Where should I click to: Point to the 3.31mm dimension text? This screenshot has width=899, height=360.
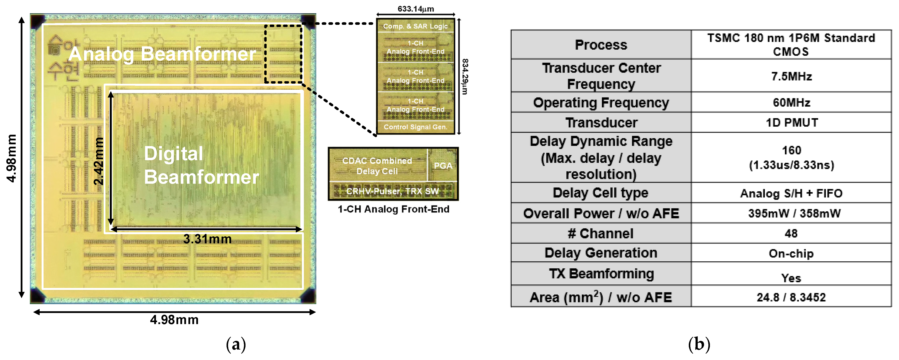click(207, 239)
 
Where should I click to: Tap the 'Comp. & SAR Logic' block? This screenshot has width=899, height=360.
click(415, 26)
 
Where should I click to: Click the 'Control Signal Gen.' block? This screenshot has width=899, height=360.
click(415, 127)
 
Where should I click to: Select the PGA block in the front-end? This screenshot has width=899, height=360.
click(443, 166)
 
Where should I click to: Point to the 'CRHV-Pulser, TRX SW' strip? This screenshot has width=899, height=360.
click(393, 191)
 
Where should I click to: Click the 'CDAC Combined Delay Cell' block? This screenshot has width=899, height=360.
click(377, 166)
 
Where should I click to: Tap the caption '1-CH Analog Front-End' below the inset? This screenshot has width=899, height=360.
click(393, 209)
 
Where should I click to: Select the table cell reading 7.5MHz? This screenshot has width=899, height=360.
click(791, 76)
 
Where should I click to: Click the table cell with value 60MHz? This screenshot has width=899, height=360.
click(791, 103)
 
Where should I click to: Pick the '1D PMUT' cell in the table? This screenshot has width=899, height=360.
click(791, 123)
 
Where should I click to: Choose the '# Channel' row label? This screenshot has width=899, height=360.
click(601, 233)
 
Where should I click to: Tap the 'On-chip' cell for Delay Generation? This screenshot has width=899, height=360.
click(791, 253)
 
